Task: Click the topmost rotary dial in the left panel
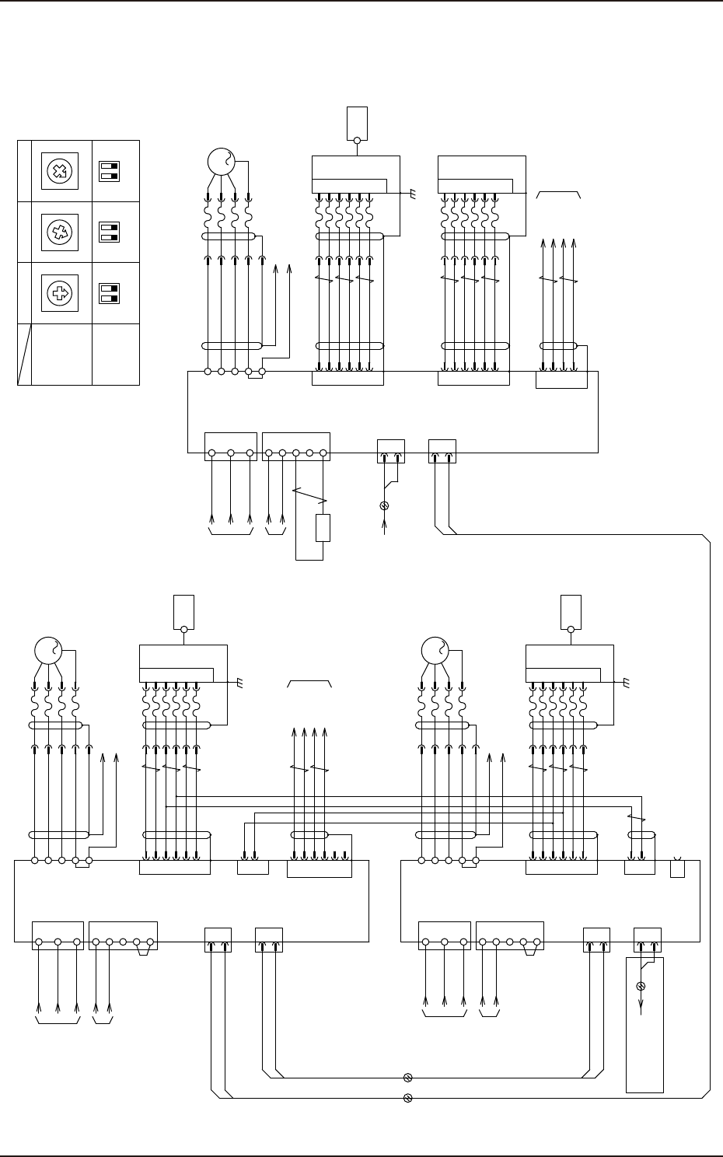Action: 58,171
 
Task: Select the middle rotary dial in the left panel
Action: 58,232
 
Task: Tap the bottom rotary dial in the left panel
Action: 58,293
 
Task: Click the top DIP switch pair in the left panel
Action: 108,171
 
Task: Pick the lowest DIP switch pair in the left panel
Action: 108,293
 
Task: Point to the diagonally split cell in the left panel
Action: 25,354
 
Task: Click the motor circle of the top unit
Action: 221,162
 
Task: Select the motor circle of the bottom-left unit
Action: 48,650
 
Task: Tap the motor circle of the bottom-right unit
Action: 435,650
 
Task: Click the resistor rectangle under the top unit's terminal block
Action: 323,527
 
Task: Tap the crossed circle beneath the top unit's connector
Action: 384,505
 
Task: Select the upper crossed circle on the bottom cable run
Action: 407,1078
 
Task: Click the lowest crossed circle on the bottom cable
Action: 407,1098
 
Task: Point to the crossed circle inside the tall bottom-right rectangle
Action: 641,986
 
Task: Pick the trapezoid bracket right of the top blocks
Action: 558,195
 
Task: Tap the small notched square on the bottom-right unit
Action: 677,867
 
